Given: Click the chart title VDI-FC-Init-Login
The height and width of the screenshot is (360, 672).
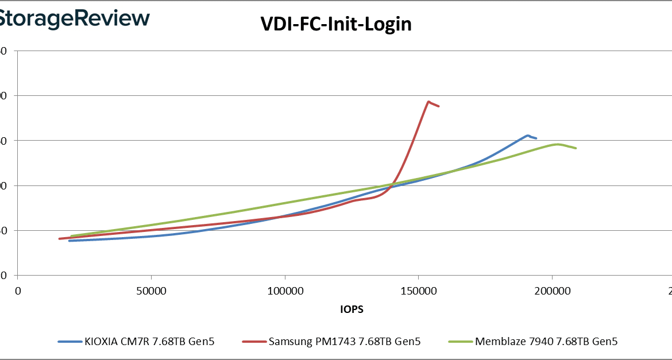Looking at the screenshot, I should [336, 24].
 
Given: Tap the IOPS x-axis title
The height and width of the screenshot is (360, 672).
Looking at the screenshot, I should [352, 309].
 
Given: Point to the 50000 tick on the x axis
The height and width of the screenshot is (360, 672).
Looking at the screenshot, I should [151, 291].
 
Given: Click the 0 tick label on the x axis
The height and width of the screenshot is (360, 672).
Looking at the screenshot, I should [18, 291].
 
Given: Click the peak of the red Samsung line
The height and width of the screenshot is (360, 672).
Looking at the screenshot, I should [428, 102].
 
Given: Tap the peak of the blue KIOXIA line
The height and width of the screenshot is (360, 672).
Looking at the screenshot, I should [527, 136].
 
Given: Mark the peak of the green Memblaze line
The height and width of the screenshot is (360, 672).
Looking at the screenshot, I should [557, 144].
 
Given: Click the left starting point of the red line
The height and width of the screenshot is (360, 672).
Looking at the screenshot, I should [59, 239].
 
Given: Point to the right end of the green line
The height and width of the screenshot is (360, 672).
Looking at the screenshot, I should [576, 148].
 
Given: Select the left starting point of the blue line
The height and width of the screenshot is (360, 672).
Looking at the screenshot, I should [69, 241].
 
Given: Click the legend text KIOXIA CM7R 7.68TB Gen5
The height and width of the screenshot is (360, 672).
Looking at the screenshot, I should [151, 342].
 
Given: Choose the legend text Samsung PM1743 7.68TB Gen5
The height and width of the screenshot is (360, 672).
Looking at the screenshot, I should [345, 342].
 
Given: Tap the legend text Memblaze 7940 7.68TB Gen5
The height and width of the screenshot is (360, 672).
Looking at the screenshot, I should [546, 342].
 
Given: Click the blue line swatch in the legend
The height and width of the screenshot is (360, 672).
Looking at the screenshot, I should [72, 342].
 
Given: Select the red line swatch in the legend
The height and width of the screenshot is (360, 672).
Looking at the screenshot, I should [255, 342].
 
